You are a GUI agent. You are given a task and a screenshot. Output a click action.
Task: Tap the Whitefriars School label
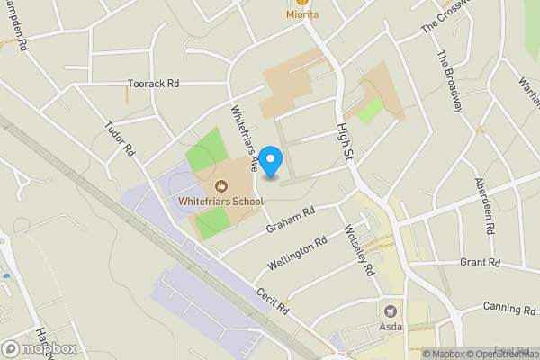coord(220,201)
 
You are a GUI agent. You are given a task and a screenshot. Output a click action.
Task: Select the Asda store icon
coord(391,310)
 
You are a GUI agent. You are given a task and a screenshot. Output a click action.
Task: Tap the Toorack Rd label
coord(153,84)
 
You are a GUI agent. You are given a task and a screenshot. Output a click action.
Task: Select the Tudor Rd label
coord(119,140)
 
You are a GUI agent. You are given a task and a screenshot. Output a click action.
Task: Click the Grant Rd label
coord(479,263)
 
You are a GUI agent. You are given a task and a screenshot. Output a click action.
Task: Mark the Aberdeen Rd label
coord(484,206)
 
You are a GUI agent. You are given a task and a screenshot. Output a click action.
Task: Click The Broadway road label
coord(449,82)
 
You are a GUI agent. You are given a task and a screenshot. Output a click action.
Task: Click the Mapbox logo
coord(39,348)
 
